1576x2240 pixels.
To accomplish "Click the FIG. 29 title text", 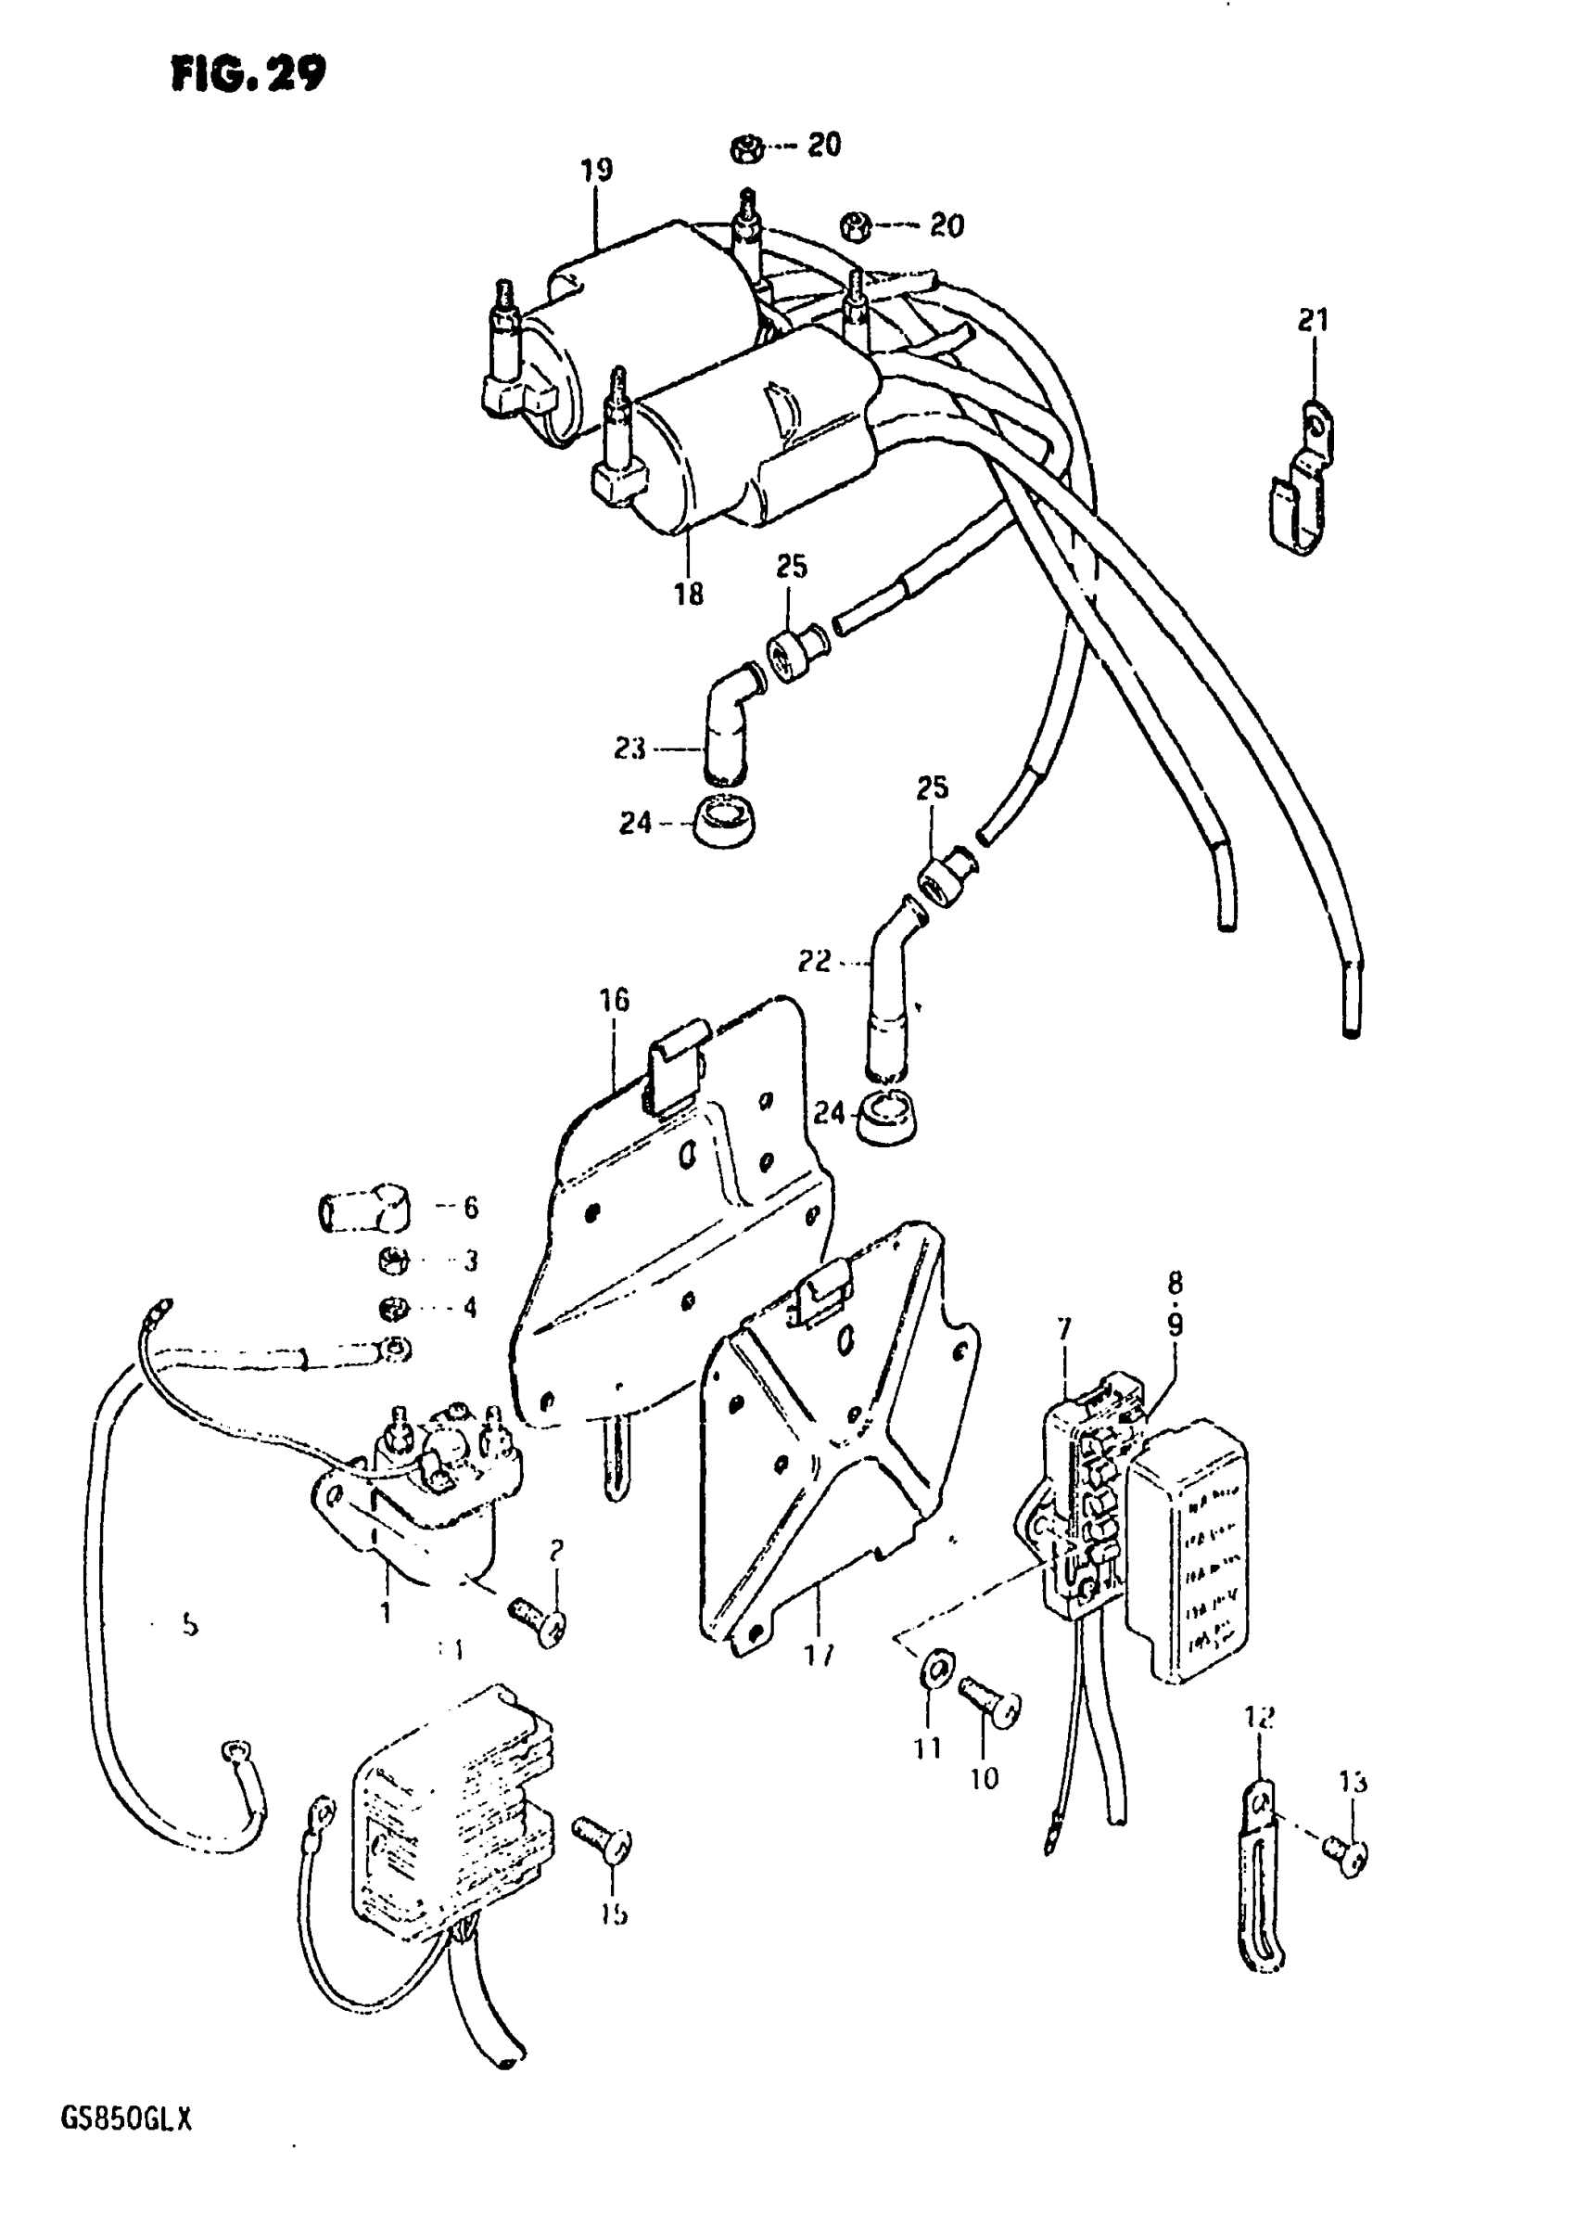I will click(248, 72).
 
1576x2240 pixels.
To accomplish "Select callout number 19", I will click(597, 170).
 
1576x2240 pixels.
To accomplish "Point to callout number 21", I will click(1313, 319).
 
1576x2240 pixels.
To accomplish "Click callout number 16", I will click(616, 1000).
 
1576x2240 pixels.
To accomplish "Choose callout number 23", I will click(630, 749).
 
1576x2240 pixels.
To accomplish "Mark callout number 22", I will click(813, 961).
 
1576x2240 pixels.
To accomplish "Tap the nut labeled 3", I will click(392, 1260).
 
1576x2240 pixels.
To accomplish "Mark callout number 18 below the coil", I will click(689, 594).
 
